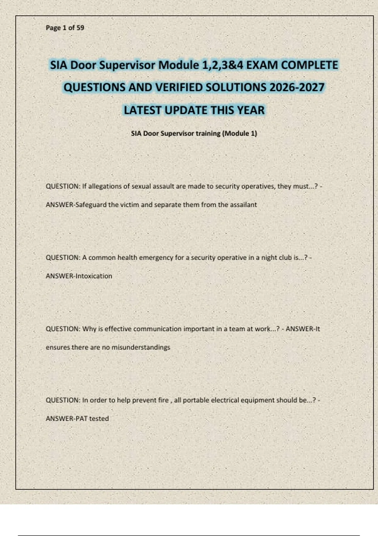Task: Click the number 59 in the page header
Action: (x=80, y=28)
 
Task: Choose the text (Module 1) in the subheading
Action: (x=240, y=133)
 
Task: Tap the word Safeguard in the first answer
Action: (x=91, y=205)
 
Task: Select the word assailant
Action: (x=243, y=205)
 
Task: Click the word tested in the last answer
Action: (x=99, y=418)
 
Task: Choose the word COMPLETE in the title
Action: (x=309, y=65)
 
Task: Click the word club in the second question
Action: (x=285, y=258)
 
